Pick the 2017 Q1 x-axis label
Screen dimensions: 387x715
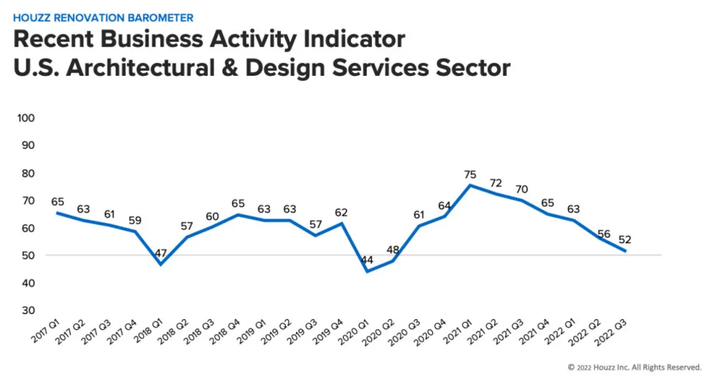coord(46,335)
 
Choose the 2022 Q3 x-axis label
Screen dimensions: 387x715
coord(616,335)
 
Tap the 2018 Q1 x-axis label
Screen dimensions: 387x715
coord(149,335)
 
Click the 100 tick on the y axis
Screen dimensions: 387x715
coord(26,117)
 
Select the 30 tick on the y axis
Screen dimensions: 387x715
coord(29,310)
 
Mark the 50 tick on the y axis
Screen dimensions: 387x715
coord(29,255)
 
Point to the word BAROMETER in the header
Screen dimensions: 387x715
coord(158,16)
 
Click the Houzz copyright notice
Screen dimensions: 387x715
coord(634,367)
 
